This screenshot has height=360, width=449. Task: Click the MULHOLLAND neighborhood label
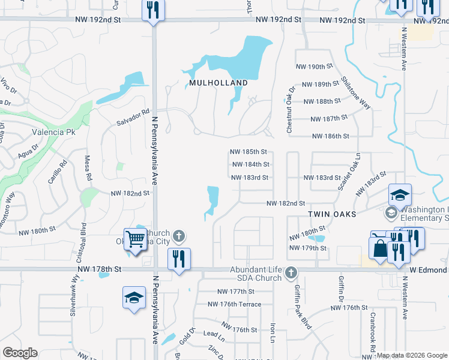point(218,83)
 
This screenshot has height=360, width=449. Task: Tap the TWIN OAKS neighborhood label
point(333,214)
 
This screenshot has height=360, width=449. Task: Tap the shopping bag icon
point(380,249)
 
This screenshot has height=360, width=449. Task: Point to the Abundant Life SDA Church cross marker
point(291,274)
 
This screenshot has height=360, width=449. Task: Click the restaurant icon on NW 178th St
point(178,260)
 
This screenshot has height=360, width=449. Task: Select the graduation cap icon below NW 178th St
point(134,298)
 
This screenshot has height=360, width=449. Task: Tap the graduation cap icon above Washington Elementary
point(400,195)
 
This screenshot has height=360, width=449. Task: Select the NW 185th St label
point(248,152)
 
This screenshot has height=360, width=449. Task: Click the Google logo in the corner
point(20,353)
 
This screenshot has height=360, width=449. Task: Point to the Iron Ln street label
point(273,334)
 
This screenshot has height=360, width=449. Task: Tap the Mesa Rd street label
point(87,169)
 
